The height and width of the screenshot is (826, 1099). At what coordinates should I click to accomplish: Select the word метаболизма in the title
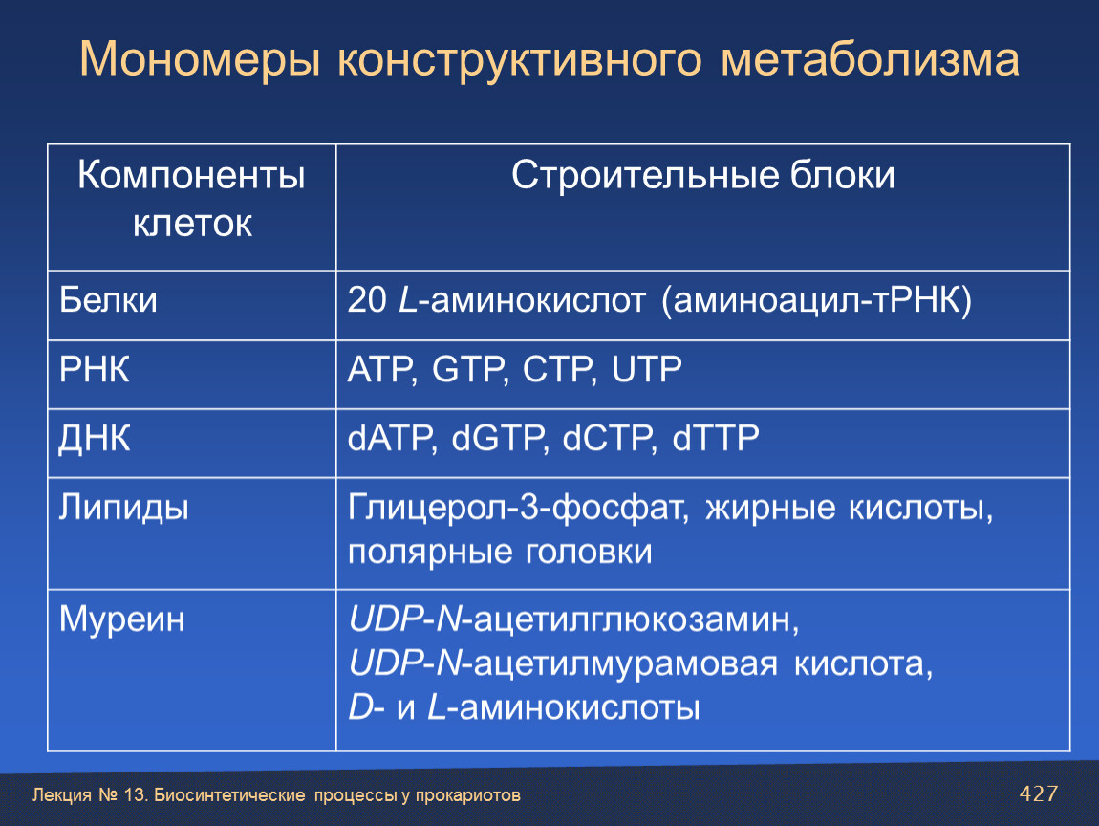(x=870, y=59)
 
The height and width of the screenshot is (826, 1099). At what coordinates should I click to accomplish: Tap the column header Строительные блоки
(x=703, y=175)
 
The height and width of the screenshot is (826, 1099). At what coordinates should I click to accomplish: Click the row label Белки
(x=108, y=301)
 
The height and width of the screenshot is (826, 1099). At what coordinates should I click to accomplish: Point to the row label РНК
(x=94, y=370)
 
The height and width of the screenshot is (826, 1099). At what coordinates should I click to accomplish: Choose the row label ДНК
(x=94, y=439)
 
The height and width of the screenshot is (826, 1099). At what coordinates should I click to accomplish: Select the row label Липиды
(x=123, y=508)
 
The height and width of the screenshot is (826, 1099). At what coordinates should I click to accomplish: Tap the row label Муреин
(x=122, y=619)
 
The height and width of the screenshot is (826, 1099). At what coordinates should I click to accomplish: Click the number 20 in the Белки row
(x=367, y=300)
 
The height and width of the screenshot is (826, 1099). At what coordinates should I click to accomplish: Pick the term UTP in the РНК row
(x=646, y=370)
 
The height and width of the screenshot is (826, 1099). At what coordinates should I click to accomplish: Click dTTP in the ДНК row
(x=716, y=438)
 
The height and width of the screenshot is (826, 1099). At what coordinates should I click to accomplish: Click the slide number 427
(x=1038, y=793)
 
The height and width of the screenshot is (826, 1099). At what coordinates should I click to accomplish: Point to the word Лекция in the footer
(x=62, y=795)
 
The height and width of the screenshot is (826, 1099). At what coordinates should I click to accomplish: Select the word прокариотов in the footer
(x=467, y=795)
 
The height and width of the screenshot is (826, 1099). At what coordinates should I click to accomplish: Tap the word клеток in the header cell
(x=192, y=225)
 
